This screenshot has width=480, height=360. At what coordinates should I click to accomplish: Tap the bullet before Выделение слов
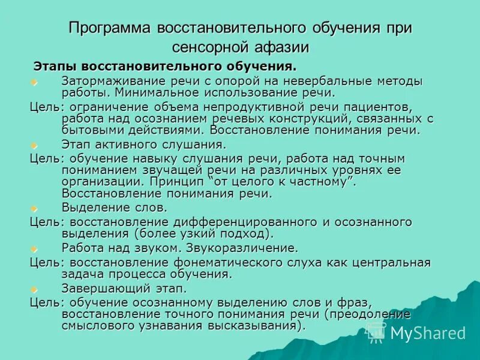point(34,208)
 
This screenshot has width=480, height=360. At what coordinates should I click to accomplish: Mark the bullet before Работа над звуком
point(34,248)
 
